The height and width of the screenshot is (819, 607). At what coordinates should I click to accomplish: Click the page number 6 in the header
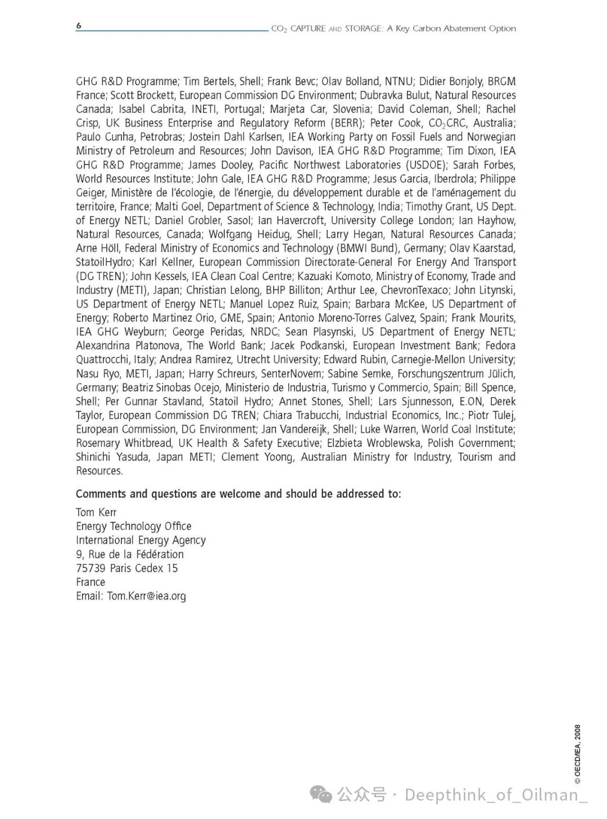[x=79, y=26]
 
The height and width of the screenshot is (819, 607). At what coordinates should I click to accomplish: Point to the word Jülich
[x=501, y=374]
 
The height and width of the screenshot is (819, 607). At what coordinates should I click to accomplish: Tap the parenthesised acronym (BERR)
[x=347, y=123]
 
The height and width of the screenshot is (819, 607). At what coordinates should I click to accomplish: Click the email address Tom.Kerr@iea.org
[x=147, y=596]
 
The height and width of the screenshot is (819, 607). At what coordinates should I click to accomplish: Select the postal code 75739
[x=90, y=568]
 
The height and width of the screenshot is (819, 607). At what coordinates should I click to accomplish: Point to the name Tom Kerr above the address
[x=96, y=512]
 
